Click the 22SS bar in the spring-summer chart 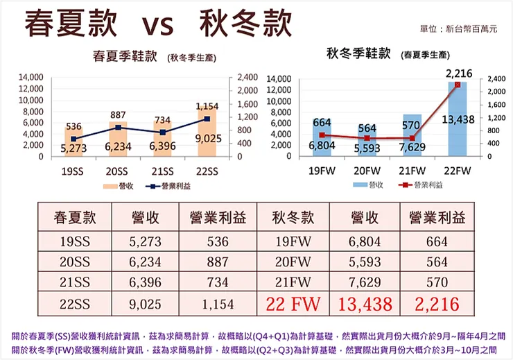207,132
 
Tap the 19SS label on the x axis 73,171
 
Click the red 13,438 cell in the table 367,303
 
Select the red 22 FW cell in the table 293,303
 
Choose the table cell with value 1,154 220,303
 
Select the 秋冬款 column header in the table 293,218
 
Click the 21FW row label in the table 293,282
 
